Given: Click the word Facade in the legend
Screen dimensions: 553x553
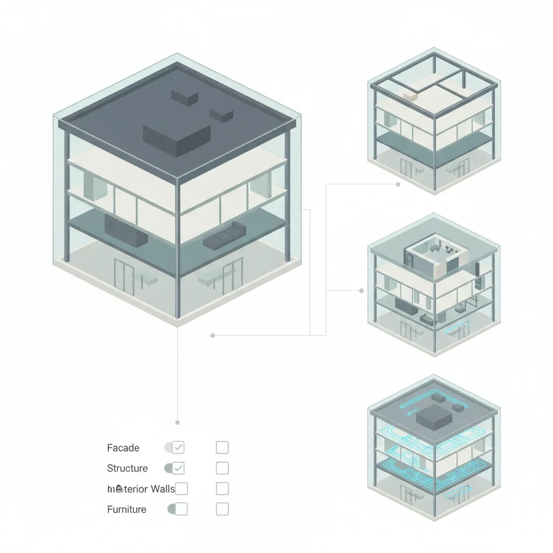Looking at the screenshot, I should click(x=123, y=448).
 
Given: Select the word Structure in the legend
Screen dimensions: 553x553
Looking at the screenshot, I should click(x=127, y=468).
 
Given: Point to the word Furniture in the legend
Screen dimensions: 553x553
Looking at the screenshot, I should click(x=126, y=509).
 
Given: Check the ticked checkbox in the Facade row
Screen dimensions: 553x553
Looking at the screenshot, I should click(x=178, y=447).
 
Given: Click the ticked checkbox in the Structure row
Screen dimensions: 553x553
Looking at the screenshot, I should click(x=179, y=468).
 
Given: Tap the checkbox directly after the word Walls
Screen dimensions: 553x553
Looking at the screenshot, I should click(x=181, y=489).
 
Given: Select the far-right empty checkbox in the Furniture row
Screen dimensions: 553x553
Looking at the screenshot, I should click(x=222, y=509).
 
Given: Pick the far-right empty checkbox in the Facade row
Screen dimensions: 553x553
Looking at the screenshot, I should click(x=222, y=447).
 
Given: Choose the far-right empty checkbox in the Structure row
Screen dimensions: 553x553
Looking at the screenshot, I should click(x=222, y=468).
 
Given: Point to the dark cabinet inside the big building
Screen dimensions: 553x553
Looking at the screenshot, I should click(x=126, y=230).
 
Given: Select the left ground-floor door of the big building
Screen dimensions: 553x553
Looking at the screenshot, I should click(x=124, y=276).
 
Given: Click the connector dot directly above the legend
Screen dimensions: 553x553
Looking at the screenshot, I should click(x=178, y=422).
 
